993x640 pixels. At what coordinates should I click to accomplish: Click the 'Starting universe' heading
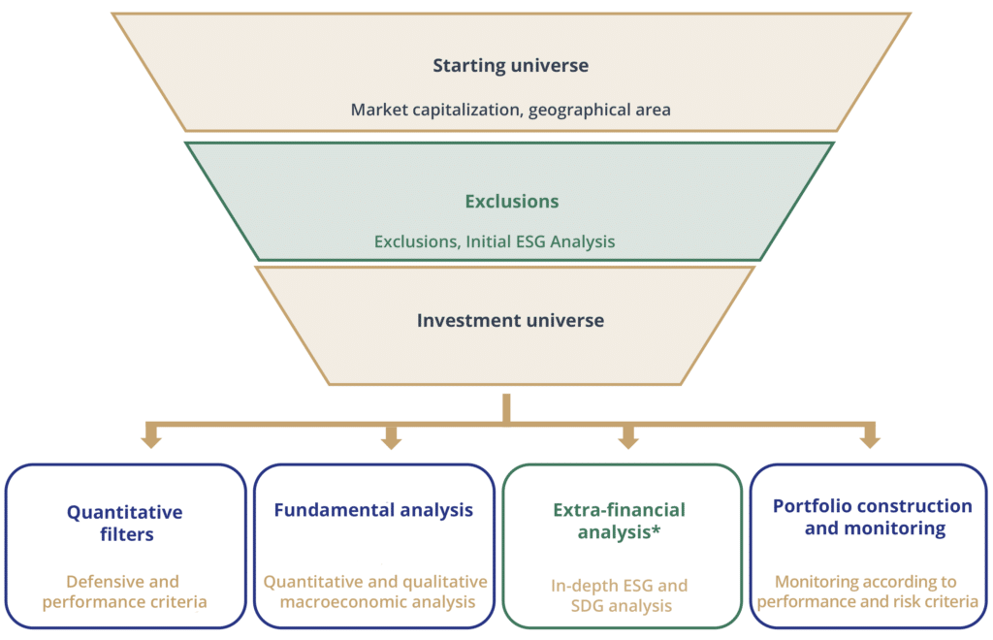[x=510, y=65]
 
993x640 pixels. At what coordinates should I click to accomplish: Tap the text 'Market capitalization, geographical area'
[x=510, y=111]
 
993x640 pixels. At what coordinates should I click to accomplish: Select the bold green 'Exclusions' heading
[x=512, y=202]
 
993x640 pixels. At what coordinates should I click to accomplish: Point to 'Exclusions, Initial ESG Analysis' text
[x=495, y=241]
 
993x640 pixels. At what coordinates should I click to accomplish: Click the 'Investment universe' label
[x=510, y=320]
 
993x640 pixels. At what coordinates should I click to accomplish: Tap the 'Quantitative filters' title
[x=125, y=523]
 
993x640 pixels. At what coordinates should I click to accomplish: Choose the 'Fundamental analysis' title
[x=373, y=510]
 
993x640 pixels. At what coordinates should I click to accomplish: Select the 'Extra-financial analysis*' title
[x=620, y=521]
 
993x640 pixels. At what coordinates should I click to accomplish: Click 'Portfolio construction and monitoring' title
[x=873, y=517]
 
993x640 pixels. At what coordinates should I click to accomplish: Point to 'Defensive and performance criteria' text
[x=125, y=592]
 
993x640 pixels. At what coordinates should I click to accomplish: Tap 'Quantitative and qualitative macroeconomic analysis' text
[x=375, y=592]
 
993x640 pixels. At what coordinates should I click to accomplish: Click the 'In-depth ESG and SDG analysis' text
[x=620, y=595]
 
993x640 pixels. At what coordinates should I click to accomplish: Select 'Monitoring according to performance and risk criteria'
[x=868, y=592]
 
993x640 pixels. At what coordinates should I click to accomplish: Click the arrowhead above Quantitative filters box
[x=151, y=438]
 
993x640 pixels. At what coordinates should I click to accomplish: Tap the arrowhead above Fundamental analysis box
[x=392, y=438]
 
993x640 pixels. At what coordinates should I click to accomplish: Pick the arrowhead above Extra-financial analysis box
[x=628, y=438]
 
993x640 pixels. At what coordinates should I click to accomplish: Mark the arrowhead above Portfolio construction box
[x=870, y=438]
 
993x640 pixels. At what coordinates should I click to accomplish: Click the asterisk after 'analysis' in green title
[x=657, y=528]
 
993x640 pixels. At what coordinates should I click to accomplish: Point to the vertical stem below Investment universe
[x=506, y=409]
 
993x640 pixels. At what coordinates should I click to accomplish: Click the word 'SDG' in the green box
[x=586, y=606]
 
